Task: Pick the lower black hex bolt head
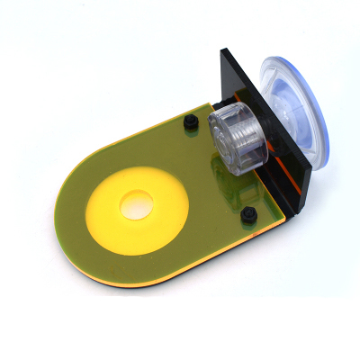point(247,213)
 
